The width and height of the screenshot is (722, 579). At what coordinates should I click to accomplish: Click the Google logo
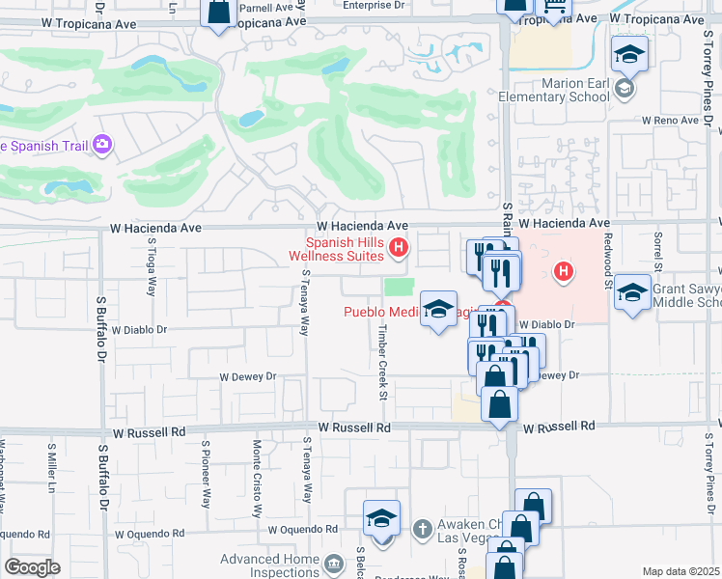32,567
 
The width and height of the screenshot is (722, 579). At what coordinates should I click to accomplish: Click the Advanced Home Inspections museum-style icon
334,564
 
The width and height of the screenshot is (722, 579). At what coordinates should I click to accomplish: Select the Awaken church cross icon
421,529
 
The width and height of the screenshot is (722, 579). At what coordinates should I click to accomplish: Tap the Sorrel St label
658,253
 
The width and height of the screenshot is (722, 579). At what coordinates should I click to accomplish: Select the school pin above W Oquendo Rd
381,519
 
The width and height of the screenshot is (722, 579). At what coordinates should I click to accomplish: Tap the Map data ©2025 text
680,571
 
